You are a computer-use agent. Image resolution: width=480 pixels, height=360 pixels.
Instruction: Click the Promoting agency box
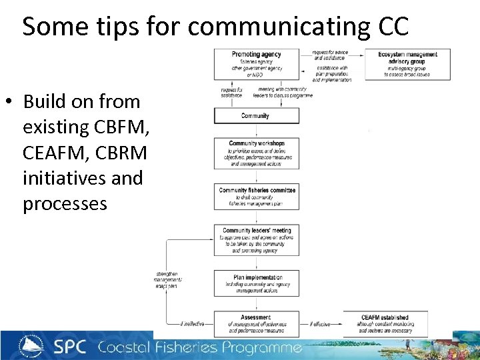(256, 64)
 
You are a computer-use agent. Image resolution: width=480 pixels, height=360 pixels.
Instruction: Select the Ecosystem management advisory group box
(407, 64)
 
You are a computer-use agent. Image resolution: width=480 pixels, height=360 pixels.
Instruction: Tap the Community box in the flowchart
(256, 116)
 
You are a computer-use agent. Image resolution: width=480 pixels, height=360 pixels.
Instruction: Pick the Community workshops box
(256, 153)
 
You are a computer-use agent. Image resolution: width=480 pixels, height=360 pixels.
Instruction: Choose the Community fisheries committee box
(256, 196)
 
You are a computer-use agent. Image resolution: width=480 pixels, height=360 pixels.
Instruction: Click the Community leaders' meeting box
(256, 240)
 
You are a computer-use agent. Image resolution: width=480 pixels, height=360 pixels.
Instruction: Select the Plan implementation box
(256, 283)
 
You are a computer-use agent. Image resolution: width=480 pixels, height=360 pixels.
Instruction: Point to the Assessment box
(256, 324)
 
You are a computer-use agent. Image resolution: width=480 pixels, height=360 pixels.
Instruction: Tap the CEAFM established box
(385, 324)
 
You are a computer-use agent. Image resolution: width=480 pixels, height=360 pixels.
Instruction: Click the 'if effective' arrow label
(321, 325)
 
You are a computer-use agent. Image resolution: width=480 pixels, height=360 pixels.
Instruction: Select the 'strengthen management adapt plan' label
(167, 279)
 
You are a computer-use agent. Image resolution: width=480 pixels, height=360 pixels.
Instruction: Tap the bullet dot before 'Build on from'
(9, 102)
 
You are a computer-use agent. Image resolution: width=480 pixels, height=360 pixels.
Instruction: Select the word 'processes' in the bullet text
(65, 203)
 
